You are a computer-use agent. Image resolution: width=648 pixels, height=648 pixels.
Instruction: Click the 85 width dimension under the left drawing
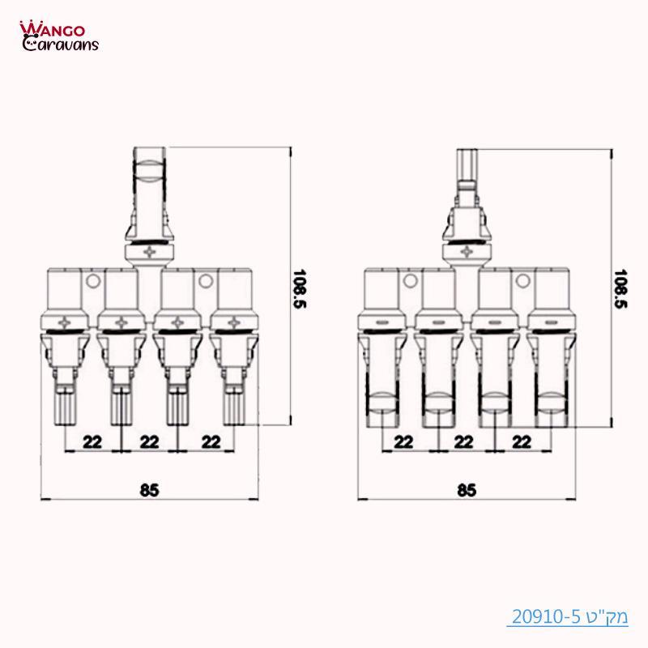[149, 489]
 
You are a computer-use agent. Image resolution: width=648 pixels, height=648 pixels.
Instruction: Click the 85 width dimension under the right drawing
[466, 489]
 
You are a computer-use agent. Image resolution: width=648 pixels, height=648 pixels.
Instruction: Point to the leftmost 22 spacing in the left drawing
[92, 441]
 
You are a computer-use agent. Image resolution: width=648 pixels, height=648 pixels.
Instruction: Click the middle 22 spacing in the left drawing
[149, 441]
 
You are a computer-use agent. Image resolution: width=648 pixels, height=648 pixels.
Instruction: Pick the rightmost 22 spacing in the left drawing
[211, 441]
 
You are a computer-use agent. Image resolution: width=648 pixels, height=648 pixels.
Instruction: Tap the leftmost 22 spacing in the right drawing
[403, 441]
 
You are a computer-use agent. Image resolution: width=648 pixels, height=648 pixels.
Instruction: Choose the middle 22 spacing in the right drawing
[463, 441]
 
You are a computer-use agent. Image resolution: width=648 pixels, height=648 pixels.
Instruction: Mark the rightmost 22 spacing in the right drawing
[522, 441]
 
